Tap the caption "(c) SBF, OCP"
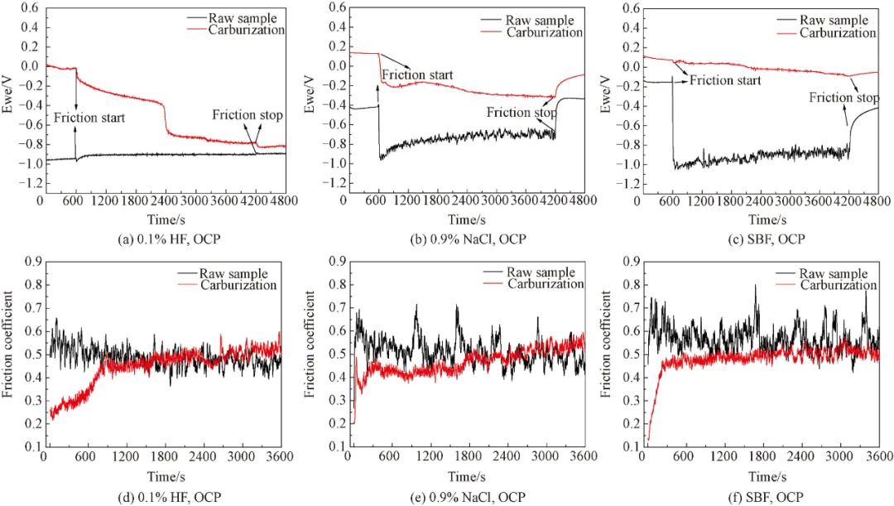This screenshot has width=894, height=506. coord(764,239)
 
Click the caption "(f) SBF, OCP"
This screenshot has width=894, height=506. coord(764,497)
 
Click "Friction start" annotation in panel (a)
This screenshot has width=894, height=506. coord(89,118)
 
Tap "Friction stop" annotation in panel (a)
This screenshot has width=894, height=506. coord(247,115)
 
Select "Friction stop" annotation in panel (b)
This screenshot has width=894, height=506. coord(521,113)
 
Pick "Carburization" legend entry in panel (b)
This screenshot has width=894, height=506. coord(545,32)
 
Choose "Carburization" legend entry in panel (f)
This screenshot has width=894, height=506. coord(838,284)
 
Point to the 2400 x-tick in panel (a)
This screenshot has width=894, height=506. coord(166,200)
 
